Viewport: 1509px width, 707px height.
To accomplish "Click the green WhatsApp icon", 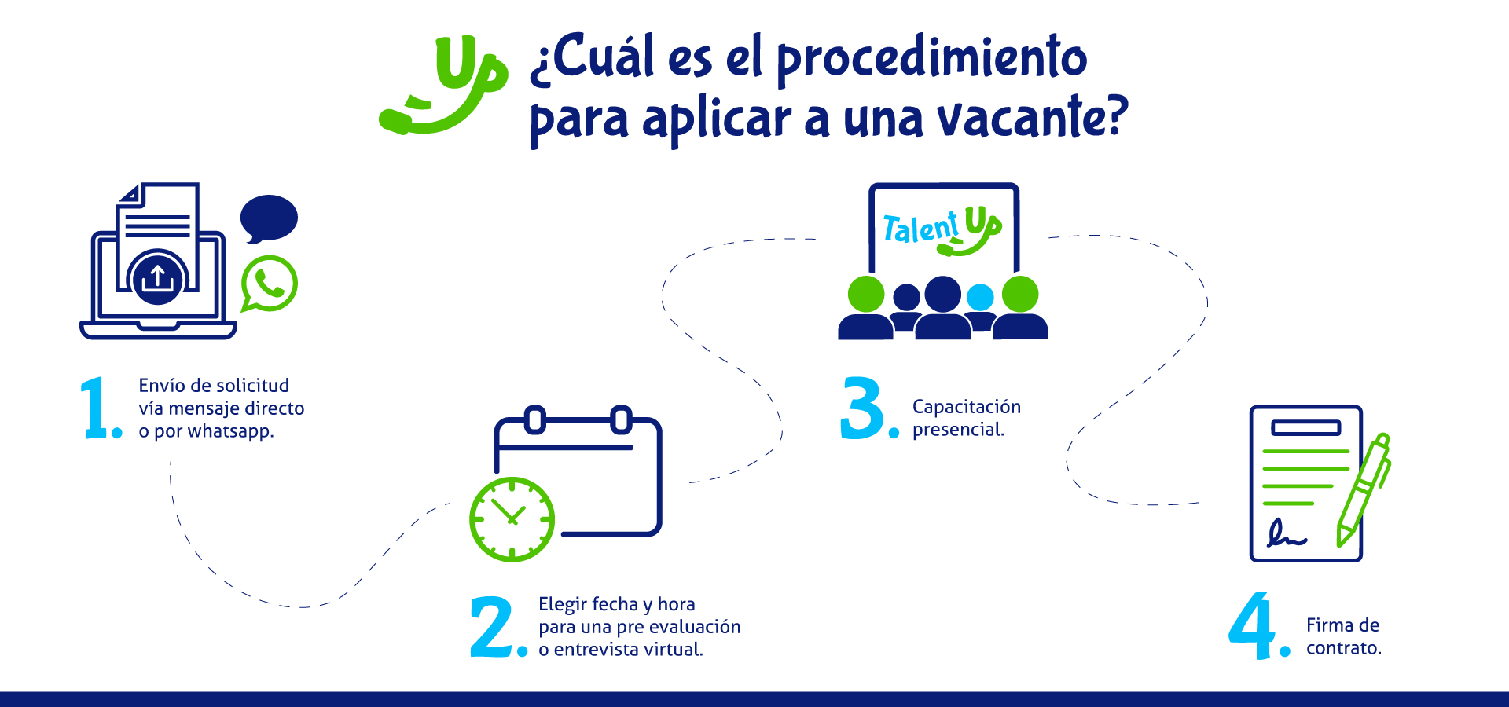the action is [269, 284].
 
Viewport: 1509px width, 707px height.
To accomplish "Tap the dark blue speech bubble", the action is [269, 218].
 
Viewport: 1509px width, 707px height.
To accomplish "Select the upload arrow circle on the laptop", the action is [158, 277].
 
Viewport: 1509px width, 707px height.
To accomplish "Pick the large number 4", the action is [1252, 625].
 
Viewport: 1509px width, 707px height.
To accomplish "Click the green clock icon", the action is [512, 519].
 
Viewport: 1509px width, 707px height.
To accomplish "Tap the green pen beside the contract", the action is [1364, 490].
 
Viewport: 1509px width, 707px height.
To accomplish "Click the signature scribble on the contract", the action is [1287, 533].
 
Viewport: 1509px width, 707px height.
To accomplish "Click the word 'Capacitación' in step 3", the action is [967, 407].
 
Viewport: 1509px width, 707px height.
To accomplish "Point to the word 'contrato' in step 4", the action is [1343, 648].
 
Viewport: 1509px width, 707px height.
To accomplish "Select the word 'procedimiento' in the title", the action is [932, 57].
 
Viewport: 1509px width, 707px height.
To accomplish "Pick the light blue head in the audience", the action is [980, 298].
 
